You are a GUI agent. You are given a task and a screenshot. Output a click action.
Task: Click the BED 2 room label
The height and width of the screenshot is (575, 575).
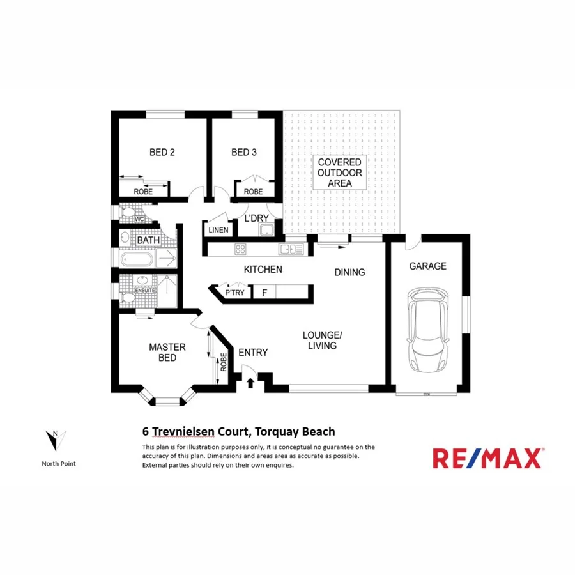[x=162, y=152]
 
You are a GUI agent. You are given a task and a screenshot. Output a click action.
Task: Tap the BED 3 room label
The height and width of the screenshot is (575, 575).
[x=244, y=152]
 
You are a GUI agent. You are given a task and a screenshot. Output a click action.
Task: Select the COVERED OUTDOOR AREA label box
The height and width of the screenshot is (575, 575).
[x=340, y=172]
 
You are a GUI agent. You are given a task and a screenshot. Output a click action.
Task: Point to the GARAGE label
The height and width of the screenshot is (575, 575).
[x=427, y=266]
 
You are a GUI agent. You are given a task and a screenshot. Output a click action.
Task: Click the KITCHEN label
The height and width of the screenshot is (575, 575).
[x=263, y=270]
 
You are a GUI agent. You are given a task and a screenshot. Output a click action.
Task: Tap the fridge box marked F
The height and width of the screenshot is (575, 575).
[x=264, y=293]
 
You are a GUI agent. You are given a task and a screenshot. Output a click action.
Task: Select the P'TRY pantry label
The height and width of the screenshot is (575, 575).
[x=234, y=293]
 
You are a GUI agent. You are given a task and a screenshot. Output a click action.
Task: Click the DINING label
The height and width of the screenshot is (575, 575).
[x=349, y=272]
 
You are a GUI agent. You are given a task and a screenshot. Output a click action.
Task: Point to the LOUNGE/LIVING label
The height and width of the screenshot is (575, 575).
[x=323, y=341]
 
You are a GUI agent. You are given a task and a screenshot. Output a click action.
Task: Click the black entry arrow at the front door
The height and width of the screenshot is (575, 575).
[x=250, y=383]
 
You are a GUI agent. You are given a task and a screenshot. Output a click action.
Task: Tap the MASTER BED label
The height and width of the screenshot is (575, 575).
[x=167, y=352]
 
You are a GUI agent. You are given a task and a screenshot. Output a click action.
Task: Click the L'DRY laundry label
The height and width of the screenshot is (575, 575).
[x=257, y=218]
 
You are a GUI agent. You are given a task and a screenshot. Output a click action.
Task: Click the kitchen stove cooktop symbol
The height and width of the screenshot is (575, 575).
[x=241, y=249]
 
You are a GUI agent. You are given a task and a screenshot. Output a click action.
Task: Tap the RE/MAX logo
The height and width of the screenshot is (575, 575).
[x=487, y=458]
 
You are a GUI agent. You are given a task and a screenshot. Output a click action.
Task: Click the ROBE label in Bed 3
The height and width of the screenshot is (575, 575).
[x=253, y=191]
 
